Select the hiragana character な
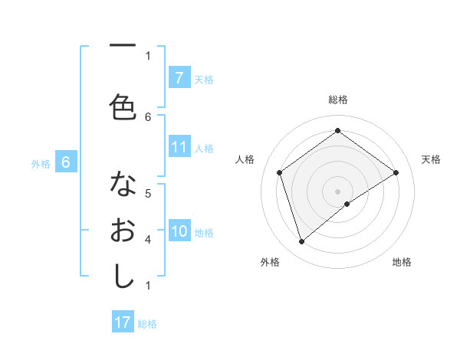(x=123, y=185)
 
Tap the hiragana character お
(x=123, y=231)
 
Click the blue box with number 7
(x=179, y=78)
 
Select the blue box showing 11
(x=179, y=148)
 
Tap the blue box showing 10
(x=179, y=232)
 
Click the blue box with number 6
(x=66, y=162)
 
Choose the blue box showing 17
(x=123, y=322)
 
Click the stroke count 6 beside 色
(x=148, y=116)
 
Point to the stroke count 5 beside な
(x=148, y=193)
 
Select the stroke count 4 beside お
(x=148, y=239)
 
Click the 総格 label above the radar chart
(x=337, y=100)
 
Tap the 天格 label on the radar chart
(x=431, y=159)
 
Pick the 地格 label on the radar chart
(x=402, y=262)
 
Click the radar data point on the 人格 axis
(x=280, y=172)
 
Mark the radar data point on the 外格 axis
(x=302, y=242)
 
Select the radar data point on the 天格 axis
(x=396, y=172)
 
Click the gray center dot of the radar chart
(x=337, y=191)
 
